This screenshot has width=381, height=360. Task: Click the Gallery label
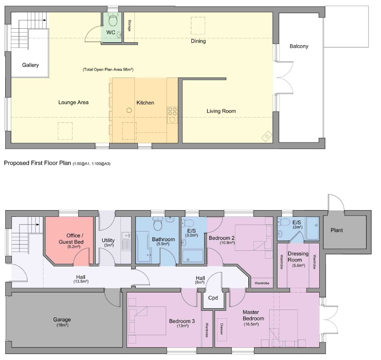click(30, 65)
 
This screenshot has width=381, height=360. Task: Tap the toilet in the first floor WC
click(113, 20)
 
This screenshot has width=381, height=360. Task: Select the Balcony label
click(299, 46)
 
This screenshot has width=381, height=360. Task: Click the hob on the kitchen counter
click(172, 111)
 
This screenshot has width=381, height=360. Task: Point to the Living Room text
click(221, 111)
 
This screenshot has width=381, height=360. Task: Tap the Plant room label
click(336, 230)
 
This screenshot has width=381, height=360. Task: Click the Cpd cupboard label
click(213, 298)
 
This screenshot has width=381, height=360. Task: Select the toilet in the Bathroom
click(157, 225)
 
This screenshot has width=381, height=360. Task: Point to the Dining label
click(198, 41)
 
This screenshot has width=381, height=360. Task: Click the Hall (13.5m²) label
click(81, 279)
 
